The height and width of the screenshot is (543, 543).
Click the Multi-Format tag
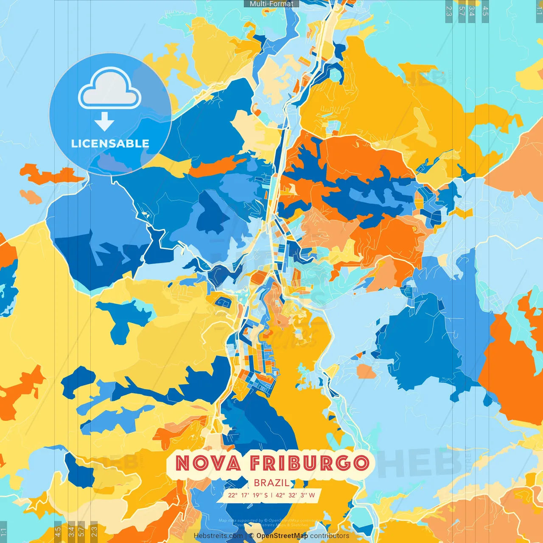tap(271, 4)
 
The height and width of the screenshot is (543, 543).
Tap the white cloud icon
tap(109, 88)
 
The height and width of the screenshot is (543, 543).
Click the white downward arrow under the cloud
tap(104, 122)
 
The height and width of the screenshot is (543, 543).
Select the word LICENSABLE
tap(110, 143)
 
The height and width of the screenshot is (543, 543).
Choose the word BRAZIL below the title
tap(272, 483)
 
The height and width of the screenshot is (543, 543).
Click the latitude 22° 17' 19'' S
tap(248, 495)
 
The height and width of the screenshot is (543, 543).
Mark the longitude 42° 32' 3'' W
tap(295, 495)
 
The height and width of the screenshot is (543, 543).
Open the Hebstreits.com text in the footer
tap(218, 536)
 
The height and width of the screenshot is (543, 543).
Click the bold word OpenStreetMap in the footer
tap(282, 536)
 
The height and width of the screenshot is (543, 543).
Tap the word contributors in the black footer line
tap(330, 536)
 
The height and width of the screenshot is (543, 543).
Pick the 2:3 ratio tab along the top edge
tap(449, 11)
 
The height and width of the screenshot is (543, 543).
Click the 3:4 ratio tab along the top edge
tap(472, 11)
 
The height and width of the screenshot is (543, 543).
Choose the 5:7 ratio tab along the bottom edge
tap(81, 532)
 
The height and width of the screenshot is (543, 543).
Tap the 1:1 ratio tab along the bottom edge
tap(3, 532)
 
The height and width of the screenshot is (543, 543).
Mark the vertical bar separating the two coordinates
tap(271, 495)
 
